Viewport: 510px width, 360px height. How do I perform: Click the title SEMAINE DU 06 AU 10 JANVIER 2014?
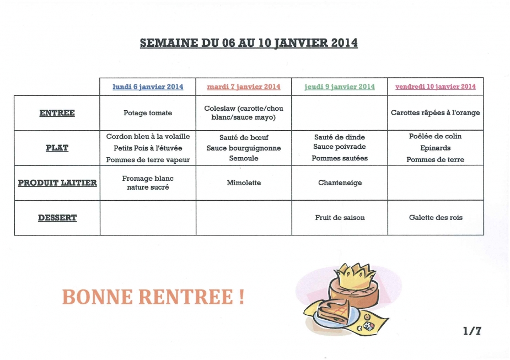(x=249, y=43)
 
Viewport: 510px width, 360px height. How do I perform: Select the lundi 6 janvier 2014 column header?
(x=148, y=87)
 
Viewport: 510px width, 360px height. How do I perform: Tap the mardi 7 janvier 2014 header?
(x=244, y=87)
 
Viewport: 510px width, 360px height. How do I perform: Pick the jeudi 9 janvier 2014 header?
(x=340, y=87)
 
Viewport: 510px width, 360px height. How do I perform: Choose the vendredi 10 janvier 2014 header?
(x=436, y=87)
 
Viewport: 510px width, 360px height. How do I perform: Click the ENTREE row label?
(x=57, y=113)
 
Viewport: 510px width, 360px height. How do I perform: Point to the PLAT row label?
(x=57, y=148)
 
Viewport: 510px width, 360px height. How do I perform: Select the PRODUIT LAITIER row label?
(x=57, y=182)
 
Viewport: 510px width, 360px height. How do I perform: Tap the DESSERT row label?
(x=57, y=218)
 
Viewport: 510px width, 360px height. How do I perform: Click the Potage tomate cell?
(x=148, y=113)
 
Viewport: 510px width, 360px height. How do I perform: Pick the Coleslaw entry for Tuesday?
(x=244, y=113)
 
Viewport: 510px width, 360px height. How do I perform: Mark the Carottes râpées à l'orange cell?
(x=436, y=113)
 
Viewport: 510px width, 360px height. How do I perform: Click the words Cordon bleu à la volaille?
(x=148, y=136)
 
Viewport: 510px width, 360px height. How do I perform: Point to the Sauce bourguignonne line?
(x=244, y=148)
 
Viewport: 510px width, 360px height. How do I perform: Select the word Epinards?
(x=436, y=148)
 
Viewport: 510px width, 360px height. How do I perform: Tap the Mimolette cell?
(x=244, y=182)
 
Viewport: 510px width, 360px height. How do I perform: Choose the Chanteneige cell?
(x=340, y=182)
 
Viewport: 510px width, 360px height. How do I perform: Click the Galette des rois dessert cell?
(x=436, y=218)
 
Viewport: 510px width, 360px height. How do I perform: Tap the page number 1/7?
(x=473, y=331)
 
